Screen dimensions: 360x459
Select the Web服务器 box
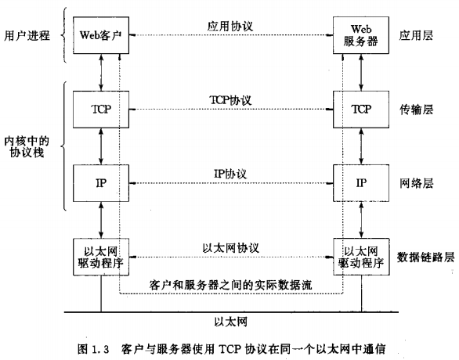click(x=360, y=35)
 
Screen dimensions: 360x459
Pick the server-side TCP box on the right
click(x=360, y=110)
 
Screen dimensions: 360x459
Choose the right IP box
click(x=360, y=182)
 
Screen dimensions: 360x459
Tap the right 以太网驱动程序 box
click(x=360, y=256)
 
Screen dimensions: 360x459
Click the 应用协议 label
click(x=229, y=25)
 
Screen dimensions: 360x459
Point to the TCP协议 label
click(x=229, y=100)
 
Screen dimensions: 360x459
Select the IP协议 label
click(x=229, y=172)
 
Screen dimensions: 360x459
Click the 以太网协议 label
click(x=229, y=247)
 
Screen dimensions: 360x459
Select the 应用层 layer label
click(x=415, y=35)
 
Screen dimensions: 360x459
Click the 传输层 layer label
click(x=415, y=110)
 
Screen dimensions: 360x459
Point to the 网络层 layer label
click(x=415, y=182)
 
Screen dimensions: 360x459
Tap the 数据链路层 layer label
click(x=425, y=256)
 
